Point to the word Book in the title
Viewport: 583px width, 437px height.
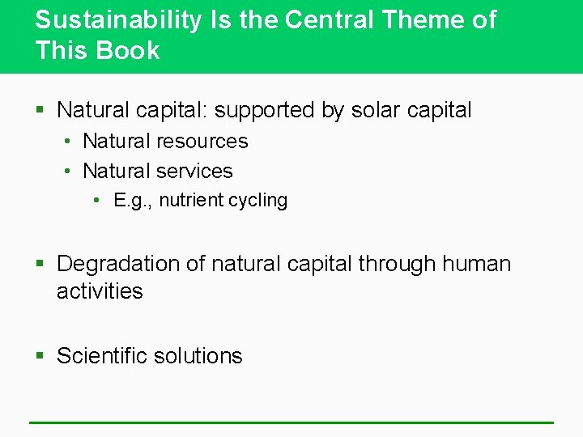coord(129,50)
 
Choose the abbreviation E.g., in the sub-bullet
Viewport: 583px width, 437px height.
coord(134,201)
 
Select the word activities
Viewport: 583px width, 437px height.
coord(100,291)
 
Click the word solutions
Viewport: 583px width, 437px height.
coord(203,356)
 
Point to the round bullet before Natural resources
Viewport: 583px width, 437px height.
coord(70,142)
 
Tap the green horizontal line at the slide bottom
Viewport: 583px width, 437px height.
coord(291,422)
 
